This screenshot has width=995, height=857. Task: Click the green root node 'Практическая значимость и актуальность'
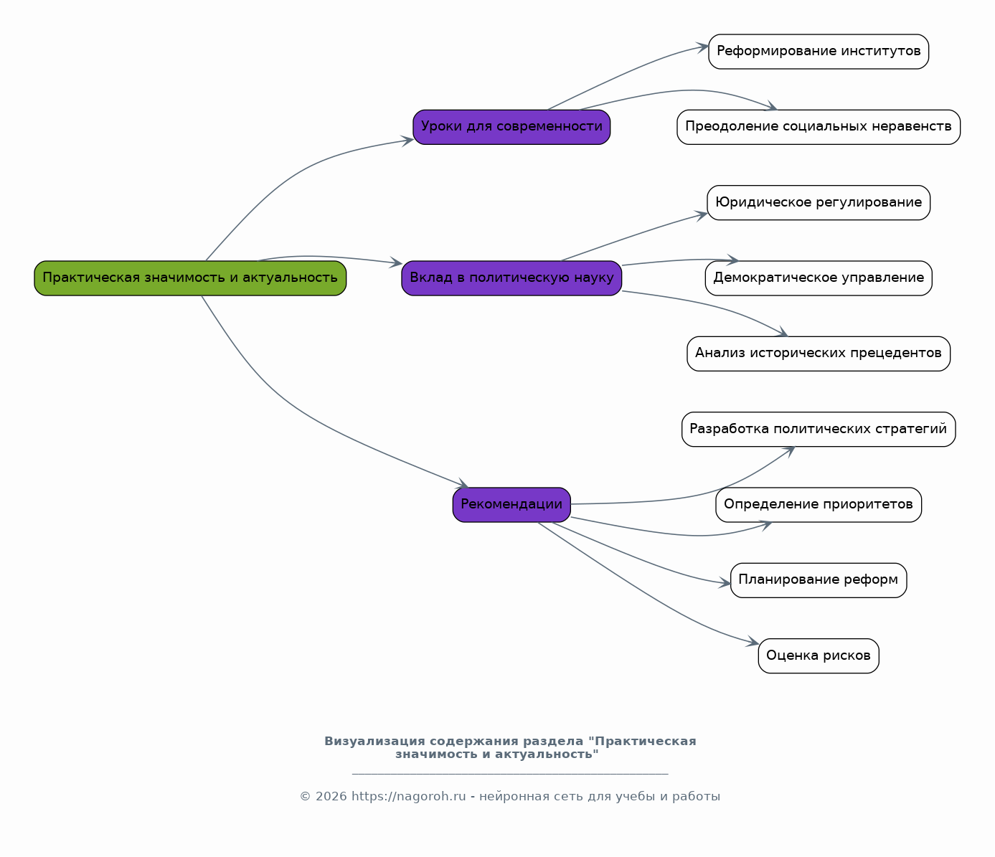190,278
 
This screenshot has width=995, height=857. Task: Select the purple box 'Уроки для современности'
511,127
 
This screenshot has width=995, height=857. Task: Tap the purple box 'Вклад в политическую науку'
511,278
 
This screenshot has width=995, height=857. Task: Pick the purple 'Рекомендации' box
511,505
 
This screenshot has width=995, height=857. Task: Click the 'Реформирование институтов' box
819,52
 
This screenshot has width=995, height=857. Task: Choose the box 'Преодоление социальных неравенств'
819,127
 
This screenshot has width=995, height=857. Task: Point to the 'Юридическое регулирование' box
819,202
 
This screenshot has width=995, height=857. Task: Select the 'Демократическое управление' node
819,278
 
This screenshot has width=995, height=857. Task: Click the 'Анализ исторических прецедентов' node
819,354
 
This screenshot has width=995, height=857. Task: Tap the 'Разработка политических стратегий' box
819,430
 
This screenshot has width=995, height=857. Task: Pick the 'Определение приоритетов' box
819,505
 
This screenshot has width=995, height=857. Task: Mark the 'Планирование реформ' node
819,580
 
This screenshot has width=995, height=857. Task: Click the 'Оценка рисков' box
819,656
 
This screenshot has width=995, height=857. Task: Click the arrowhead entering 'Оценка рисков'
753,641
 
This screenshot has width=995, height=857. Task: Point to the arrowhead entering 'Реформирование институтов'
702,47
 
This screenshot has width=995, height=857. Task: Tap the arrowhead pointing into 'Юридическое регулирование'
701,215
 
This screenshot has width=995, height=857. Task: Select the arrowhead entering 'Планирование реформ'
725,583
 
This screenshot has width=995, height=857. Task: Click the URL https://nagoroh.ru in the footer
409,796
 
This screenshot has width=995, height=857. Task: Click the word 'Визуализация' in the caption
375,742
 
